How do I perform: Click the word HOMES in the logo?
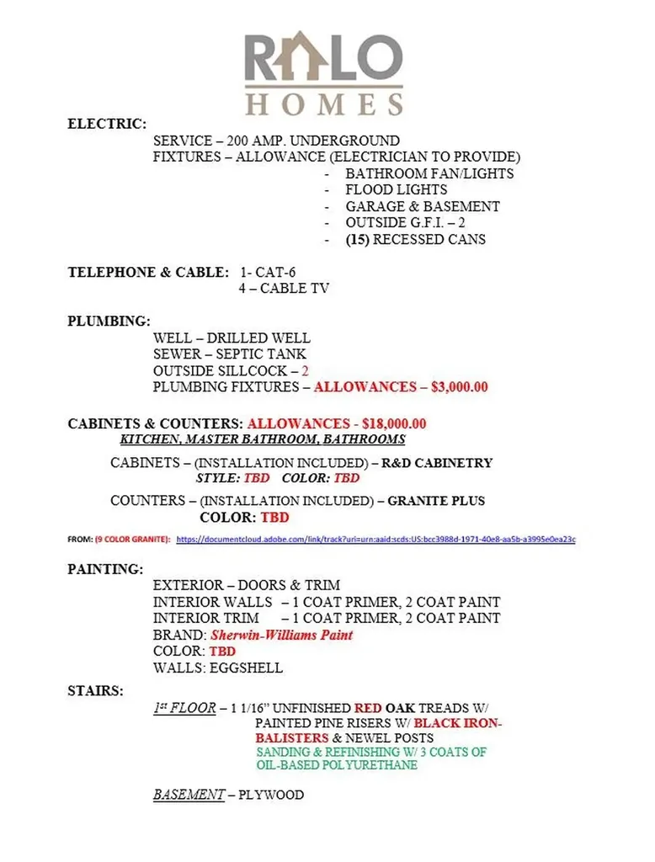pos(324,104)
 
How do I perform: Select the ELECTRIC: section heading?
pos(107,124)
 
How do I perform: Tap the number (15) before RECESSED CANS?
pos(357,239)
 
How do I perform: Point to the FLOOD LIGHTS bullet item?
pos(396,190)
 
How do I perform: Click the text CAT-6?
pos(274,272)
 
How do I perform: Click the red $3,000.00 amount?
pos(459,387)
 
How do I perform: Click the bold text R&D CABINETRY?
pos(437,463)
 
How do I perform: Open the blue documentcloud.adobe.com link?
pos(375,539)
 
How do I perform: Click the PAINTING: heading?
pos(105,569)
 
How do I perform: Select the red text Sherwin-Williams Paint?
pos(281,635)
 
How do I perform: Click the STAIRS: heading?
pos(95,691)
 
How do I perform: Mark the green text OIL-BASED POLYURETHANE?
pos(337,765)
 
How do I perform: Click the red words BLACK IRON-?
pos(459,723)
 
